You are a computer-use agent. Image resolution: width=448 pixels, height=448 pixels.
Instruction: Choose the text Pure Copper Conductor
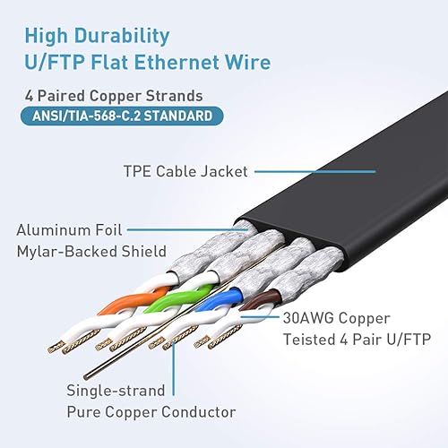click(x=151, y=411)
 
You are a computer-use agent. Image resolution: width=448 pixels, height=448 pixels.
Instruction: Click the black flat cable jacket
click(x=358, y=188)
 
